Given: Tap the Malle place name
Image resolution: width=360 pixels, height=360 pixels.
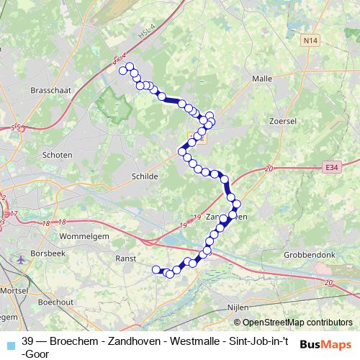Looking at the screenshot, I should [261, 78].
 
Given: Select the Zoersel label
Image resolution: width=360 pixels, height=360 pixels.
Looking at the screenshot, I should [282, 122].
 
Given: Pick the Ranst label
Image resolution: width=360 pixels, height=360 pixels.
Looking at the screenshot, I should [127, 256].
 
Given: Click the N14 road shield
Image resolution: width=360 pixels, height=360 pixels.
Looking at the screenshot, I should [310, 42].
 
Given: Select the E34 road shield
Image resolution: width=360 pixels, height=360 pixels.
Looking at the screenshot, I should [330, 167].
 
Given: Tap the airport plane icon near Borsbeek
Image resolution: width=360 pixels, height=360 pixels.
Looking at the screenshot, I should [19, 258].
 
